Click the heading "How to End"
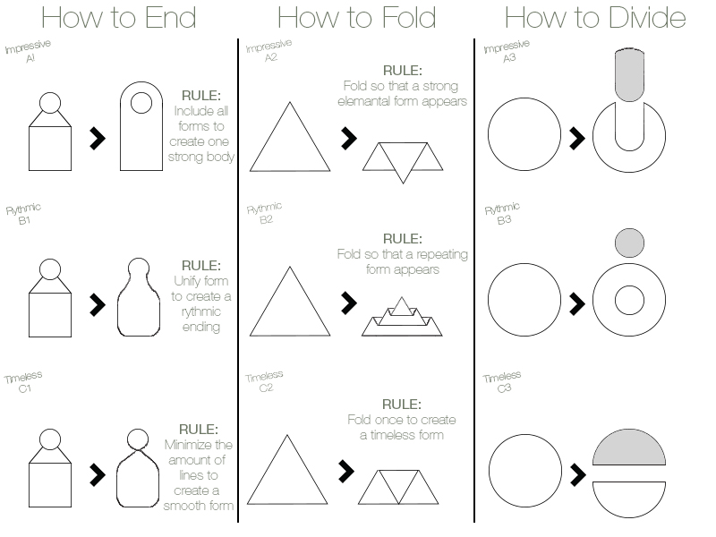(119, 17)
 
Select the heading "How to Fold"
(356, 17)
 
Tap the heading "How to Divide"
(595, 17)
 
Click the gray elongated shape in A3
(629, 74)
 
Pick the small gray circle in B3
(629, 243)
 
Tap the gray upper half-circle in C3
(629, 447)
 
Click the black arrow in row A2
(349, 138)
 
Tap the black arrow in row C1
(98, 475)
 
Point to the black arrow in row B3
(577, 304)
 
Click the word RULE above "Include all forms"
(200, 96)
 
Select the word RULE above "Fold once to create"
(402, 405)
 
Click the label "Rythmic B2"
(265, 213)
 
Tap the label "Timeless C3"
(502, 382)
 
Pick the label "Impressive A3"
(507, 51)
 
